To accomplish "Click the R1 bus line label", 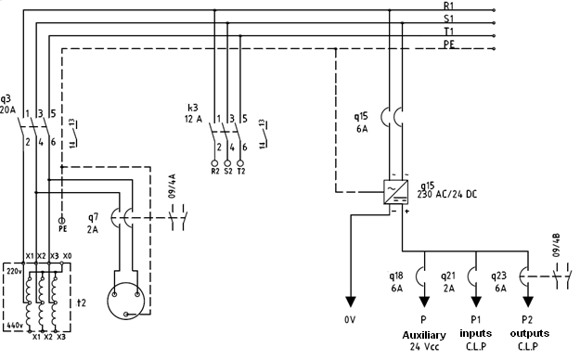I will [x=450, y=6].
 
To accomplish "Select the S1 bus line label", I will [x=450, y=19].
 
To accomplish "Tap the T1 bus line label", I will [x=450, y=32].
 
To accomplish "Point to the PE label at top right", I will [x=450, y=44].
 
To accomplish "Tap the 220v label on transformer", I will [x=14, y=273].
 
